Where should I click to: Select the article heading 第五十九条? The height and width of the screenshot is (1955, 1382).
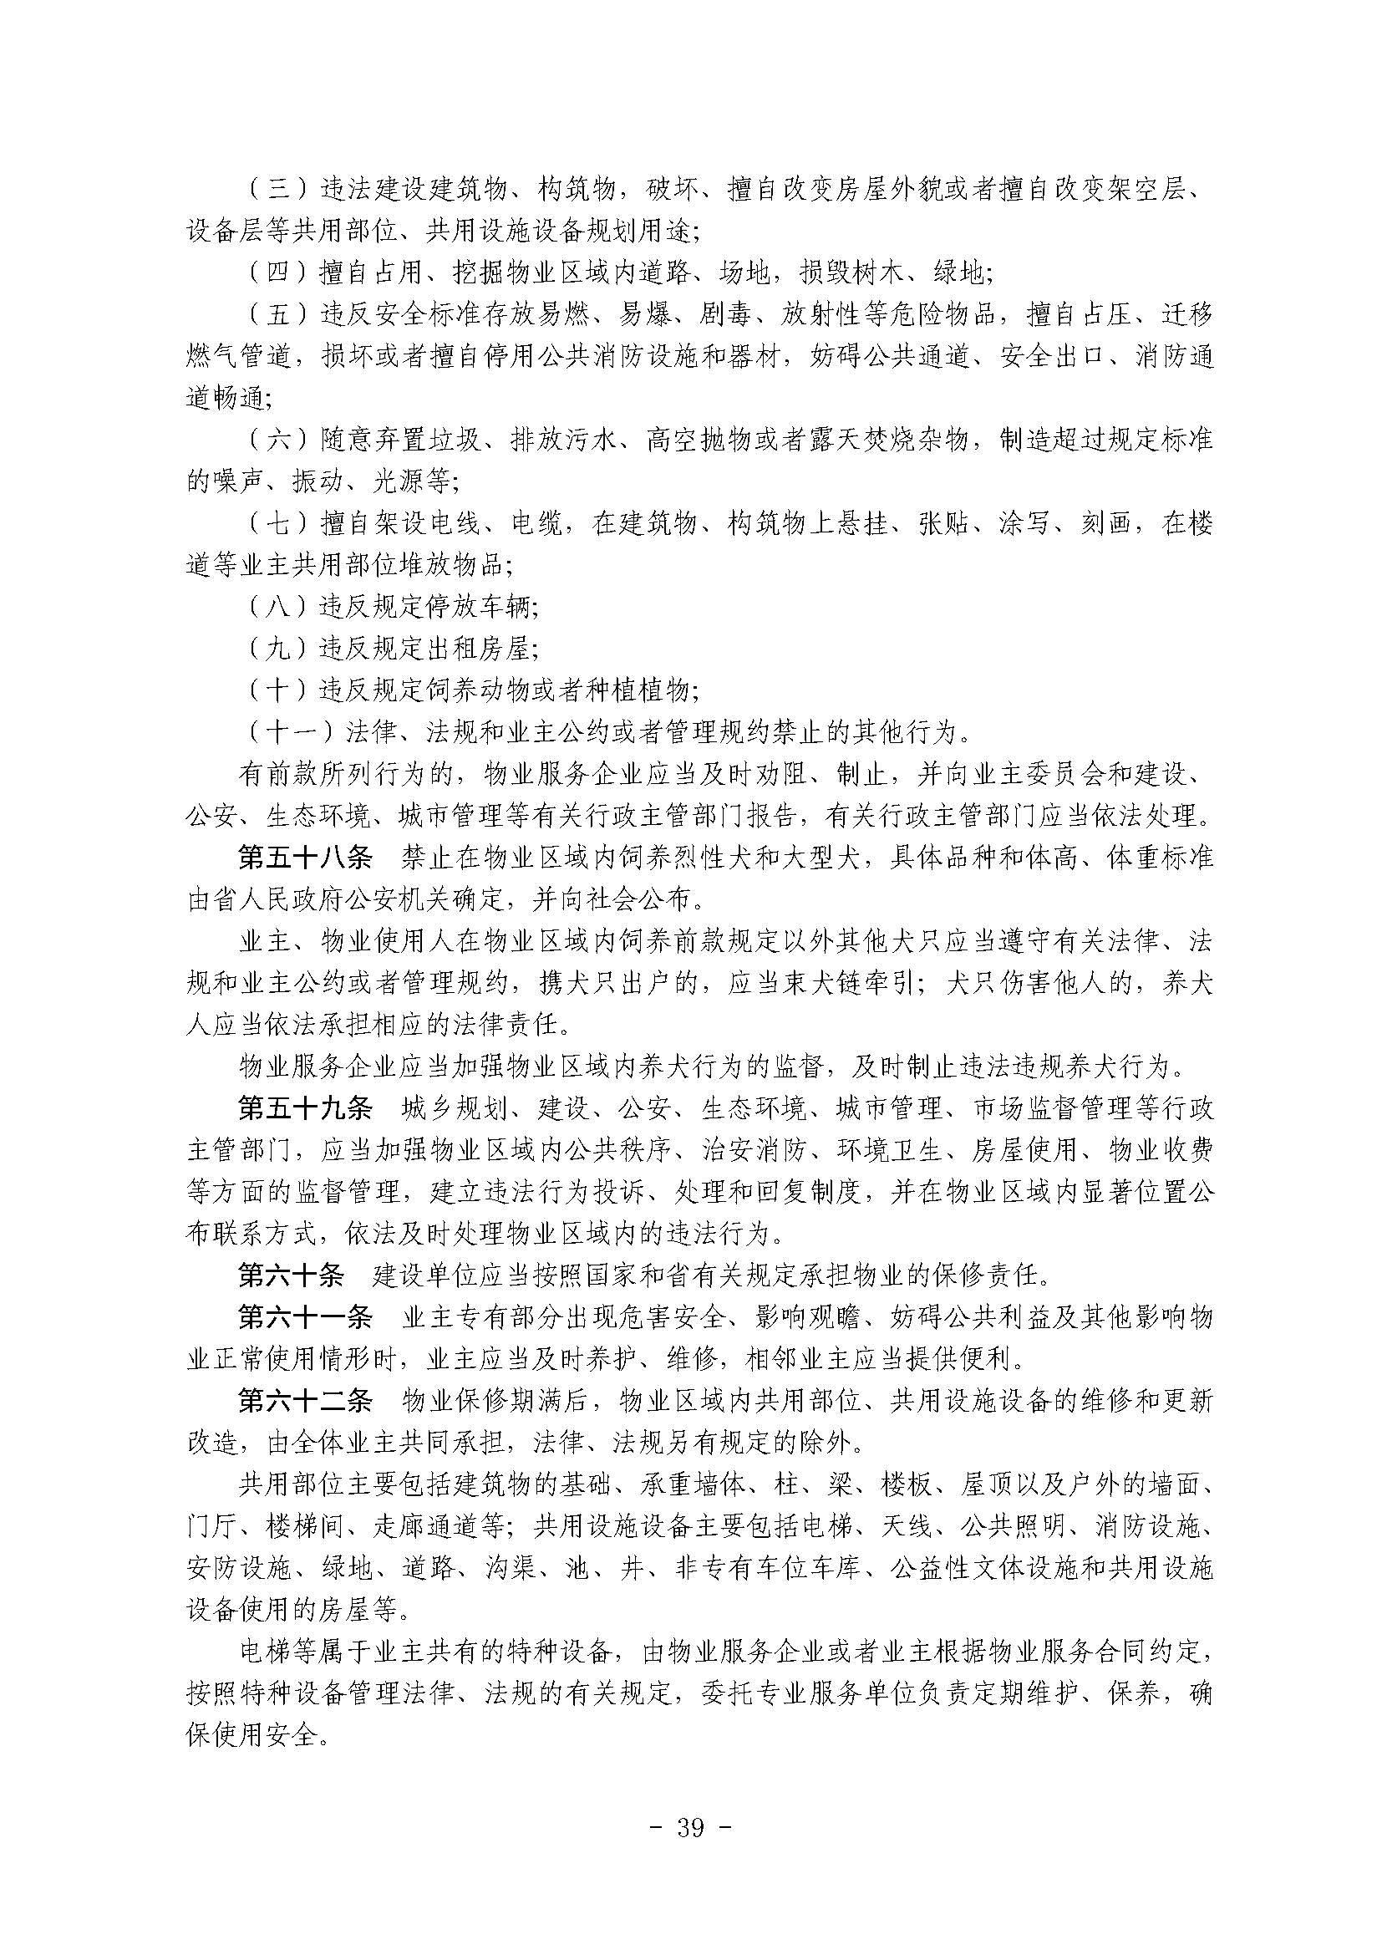[x=306, y=1109]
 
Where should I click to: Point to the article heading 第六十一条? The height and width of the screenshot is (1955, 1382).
[x=306, y=1318]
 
